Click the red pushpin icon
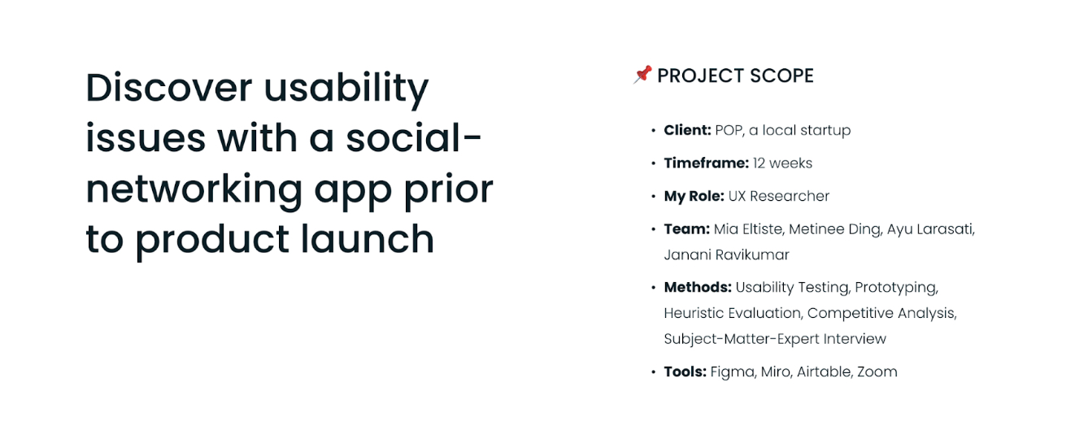click(x=642, y=75)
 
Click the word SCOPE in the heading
click(x=777, y=76)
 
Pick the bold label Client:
click(x=687, y=130)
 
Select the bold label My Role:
click(x=694, y=196)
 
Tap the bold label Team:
click(x=687, y=229)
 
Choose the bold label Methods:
click(x=698, y=287)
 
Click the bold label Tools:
click(x=685, y=372)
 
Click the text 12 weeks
click(x=782, y=163)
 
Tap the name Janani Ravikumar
click(x=726, y=254)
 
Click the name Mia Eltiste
click(x=747, y=229)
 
